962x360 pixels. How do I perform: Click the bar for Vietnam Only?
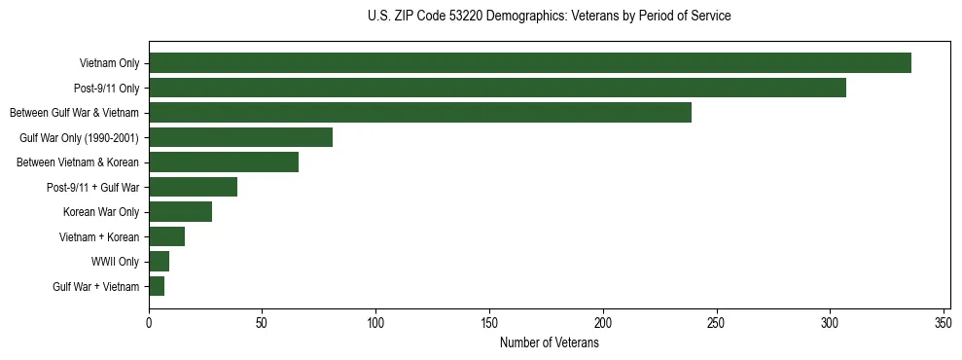point(529,63)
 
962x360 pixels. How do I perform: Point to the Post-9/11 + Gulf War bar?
point(193,187)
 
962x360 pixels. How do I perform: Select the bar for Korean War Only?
point(180,212)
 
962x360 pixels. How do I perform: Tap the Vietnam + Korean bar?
point(166,236)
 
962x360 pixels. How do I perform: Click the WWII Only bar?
point(159,261)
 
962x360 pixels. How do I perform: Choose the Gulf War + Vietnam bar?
point(157,286)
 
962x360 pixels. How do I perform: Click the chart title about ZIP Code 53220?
point(549,17)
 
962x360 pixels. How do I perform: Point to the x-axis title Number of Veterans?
point(549,342)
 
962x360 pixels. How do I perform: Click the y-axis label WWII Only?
point(116,262)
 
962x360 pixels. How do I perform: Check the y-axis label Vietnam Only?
point(109,63)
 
